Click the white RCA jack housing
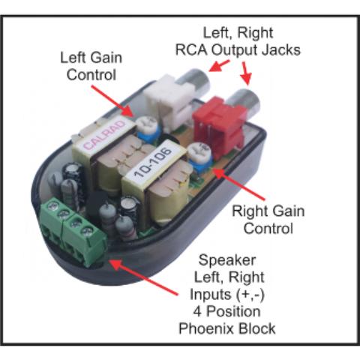(x=169, y=103)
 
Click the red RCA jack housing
(x=218, y=125)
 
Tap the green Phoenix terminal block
(x=73, y=230)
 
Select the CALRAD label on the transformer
(x=104, y=135)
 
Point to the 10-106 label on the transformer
(x=153, y=162)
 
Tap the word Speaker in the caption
(x=227, y=260)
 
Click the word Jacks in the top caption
(x=281, y=49)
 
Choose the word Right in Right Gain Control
(x=250, y=211)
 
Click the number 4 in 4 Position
(x=197, y=312)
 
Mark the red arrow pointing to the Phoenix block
(x=143, y=277)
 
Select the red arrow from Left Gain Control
(x=113, y=100)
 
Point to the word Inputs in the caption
(x=211, y=295)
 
